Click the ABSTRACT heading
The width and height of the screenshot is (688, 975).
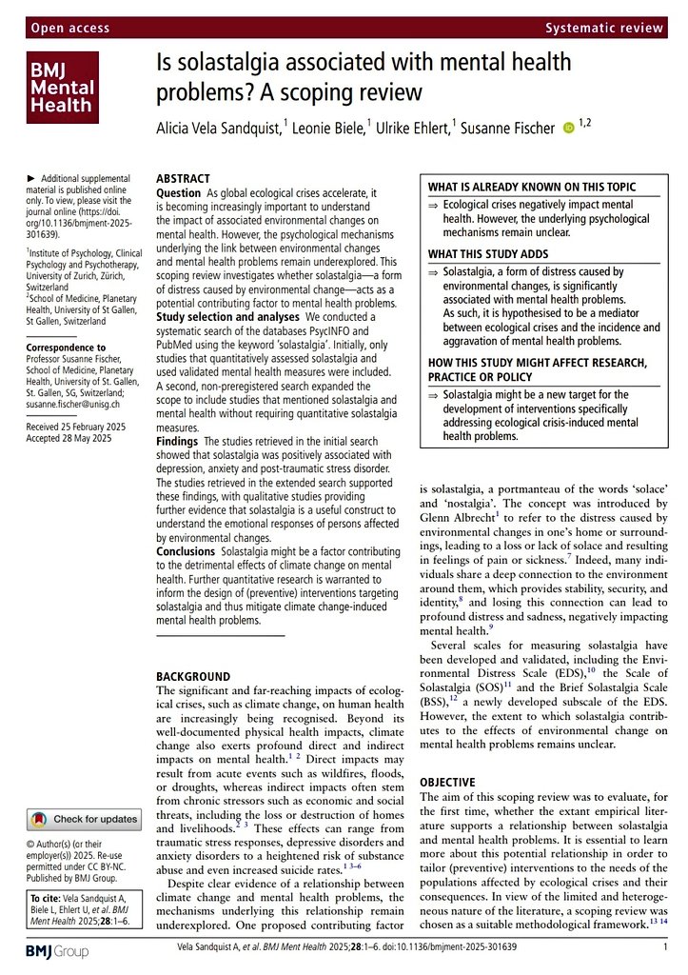tap(185, 178)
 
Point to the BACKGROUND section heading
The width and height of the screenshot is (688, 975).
tap(194, 675)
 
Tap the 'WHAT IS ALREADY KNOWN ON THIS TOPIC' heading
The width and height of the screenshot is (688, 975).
tap(531, 187)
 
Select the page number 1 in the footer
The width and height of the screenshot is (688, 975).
tap(664, 948)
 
